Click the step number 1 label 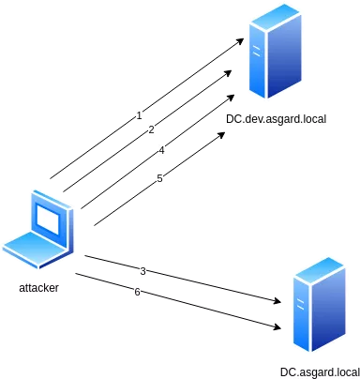139,115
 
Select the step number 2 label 152,129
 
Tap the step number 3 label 142,270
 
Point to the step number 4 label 161,150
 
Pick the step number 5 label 160,178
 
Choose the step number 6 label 137,292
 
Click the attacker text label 37,291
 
